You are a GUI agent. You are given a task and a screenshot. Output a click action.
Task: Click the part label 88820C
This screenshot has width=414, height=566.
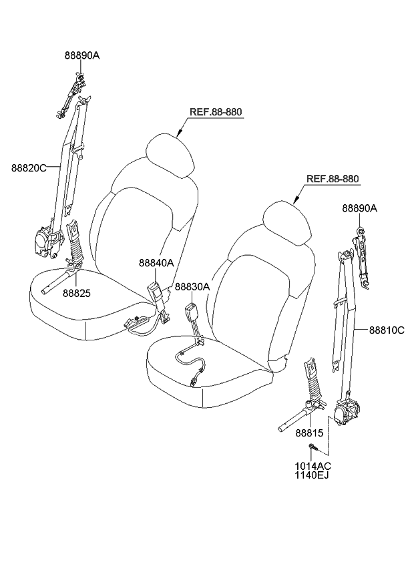coord(28,168)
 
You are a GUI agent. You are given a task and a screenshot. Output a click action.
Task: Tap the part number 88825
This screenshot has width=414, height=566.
coord(77,292)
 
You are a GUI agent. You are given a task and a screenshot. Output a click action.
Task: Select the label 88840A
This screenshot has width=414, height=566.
coord(156,263)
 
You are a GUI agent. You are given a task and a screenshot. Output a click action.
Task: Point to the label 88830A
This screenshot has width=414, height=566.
coord(192,286)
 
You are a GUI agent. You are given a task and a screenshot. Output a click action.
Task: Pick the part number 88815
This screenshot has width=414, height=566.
coord(308,433)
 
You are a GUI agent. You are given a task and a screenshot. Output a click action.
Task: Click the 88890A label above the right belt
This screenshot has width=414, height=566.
coord(360,208)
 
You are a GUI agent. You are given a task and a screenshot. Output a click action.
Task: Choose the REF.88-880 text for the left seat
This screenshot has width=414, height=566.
coord(215,112)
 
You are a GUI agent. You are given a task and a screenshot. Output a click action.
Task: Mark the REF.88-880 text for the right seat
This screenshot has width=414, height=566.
coord(333,179)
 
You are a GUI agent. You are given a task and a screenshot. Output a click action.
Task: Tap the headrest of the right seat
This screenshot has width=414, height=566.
coord(287,220)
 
